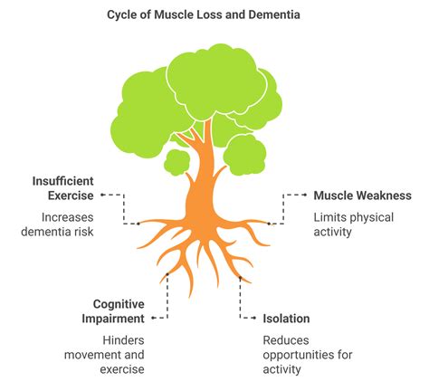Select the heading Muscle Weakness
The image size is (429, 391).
tap(362, 195)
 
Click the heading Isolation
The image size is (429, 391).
tap(286, 319)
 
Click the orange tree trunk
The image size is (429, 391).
tap(201, 181)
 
